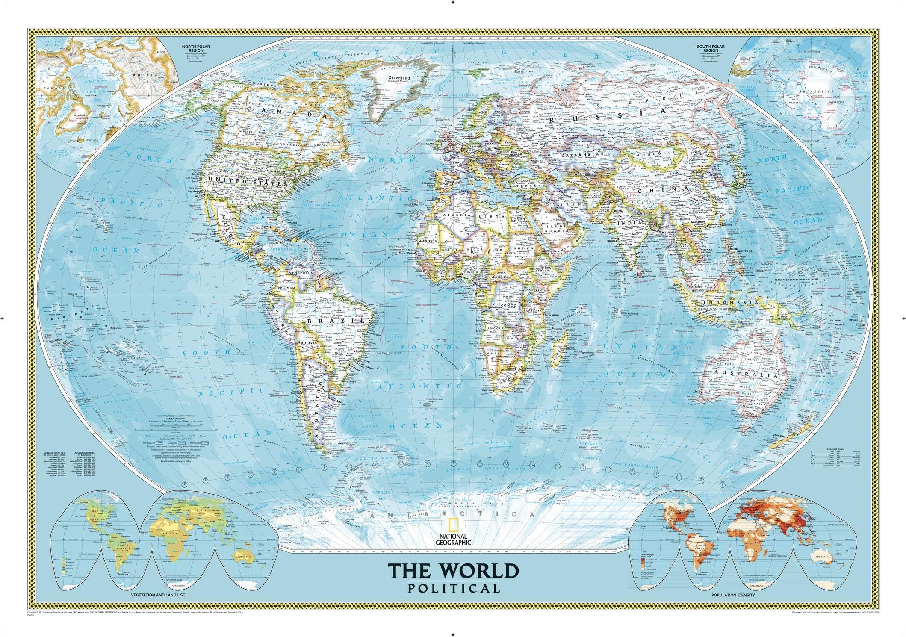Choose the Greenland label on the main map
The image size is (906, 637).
tap(399, 79)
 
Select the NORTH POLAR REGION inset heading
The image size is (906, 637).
tap(193, 48)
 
